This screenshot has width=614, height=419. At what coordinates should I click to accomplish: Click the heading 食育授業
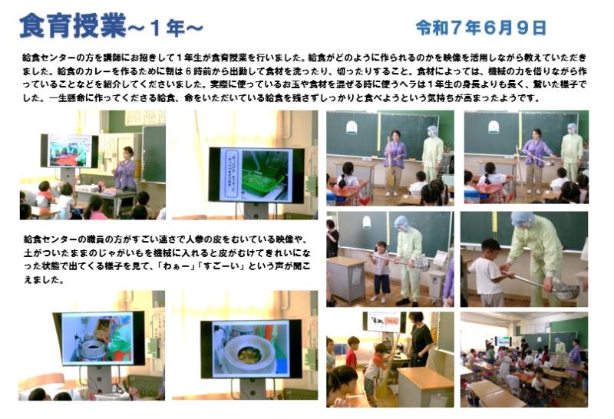[72, 26]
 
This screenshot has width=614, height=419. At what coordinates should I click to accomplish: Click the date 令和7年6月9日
[481, 28]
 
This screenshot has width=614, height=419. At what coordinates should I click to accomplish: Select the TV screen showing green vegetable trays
[256, 174]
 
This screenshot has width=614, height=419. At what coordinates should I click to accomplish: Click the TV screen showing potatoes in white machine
[251, 349]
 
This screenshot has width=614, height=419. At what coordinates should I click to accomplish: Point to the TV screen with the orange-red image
[69, 150]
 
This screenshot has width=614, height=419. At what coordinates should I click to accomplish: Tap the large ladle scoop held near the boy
[565, 290]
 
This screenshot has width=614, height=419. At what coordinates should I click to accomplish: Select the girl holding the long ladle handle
[381, 272]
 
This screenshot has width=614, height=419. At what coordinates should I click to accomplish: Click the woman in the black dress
[420, 338]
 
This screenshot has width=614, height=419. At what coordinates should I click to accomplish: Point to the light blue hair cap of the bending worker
[522, 219]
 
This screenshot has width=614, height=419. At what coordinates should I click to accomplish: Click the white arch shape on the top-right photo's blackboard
[494, 127]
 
